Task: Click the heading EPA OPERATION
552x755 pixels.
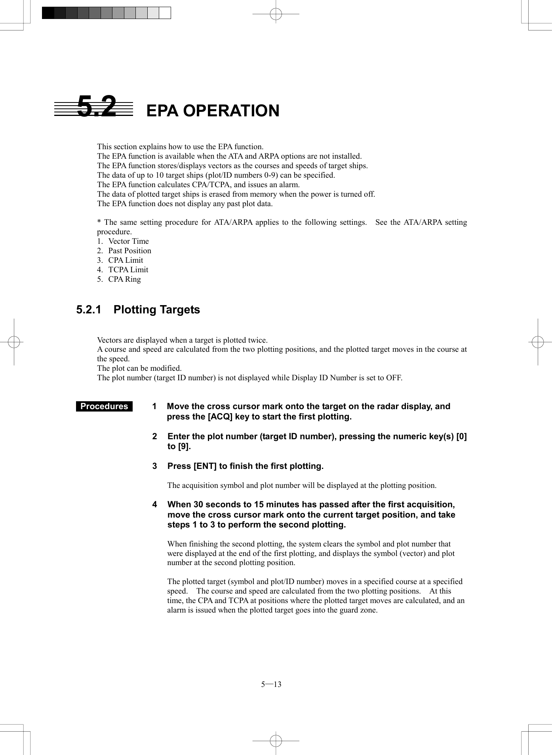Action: (x=213, y=111)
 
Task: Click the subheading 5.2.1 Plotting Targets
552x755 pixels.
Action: (x=138, y=310)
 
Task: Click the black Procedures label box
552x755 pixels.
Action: (x=104, y=406)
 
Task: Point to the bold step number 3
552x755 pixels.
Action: (x=155, y=466)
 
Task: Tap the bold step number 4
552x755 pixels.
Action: (x=155, y=505)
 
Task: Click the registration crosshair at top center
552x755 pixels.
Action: (x=276, y=14)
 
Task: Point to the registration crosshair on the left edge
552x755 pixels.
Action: (x=14, y=342)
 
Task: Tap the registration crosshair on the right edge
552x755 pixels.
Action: (x=538, y=342)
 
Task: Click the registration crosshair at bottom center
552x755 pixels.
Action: (x=276, y=740)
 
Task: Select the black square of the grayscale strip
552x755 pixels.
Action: (x=48, y=13)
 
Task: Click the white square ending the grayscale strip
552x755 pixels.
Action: (x=165, y=13)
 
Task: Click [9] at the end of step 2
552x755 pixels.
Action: (x=184, y=447)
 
